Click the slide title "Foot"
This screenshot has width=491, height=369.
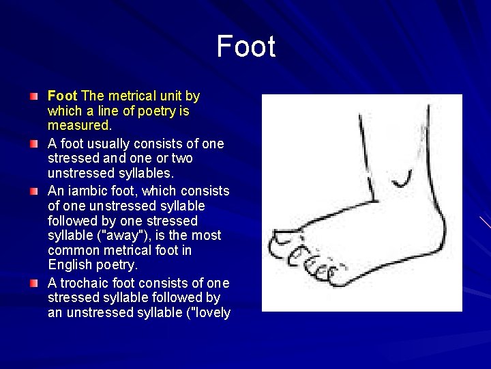[x=245, y=47]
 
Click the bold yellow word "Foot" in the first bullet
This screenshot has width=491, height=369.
[x=62, y=96]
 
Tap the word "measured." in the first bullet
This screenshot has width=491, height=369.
[x=79, y=126]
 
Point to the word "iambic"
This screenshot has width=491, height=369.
[x=87, y=191]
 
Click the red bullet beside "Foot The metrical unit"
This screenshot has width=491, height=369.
[x=34, y=96]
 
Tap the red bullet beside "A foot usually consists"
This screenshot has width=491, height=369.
[x=34, y=143]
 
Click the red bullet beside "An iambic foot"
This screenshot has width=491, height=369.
[x=34, y=191]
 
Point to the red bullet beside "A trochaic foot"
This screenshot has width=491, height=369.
[x=34, y=283]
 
